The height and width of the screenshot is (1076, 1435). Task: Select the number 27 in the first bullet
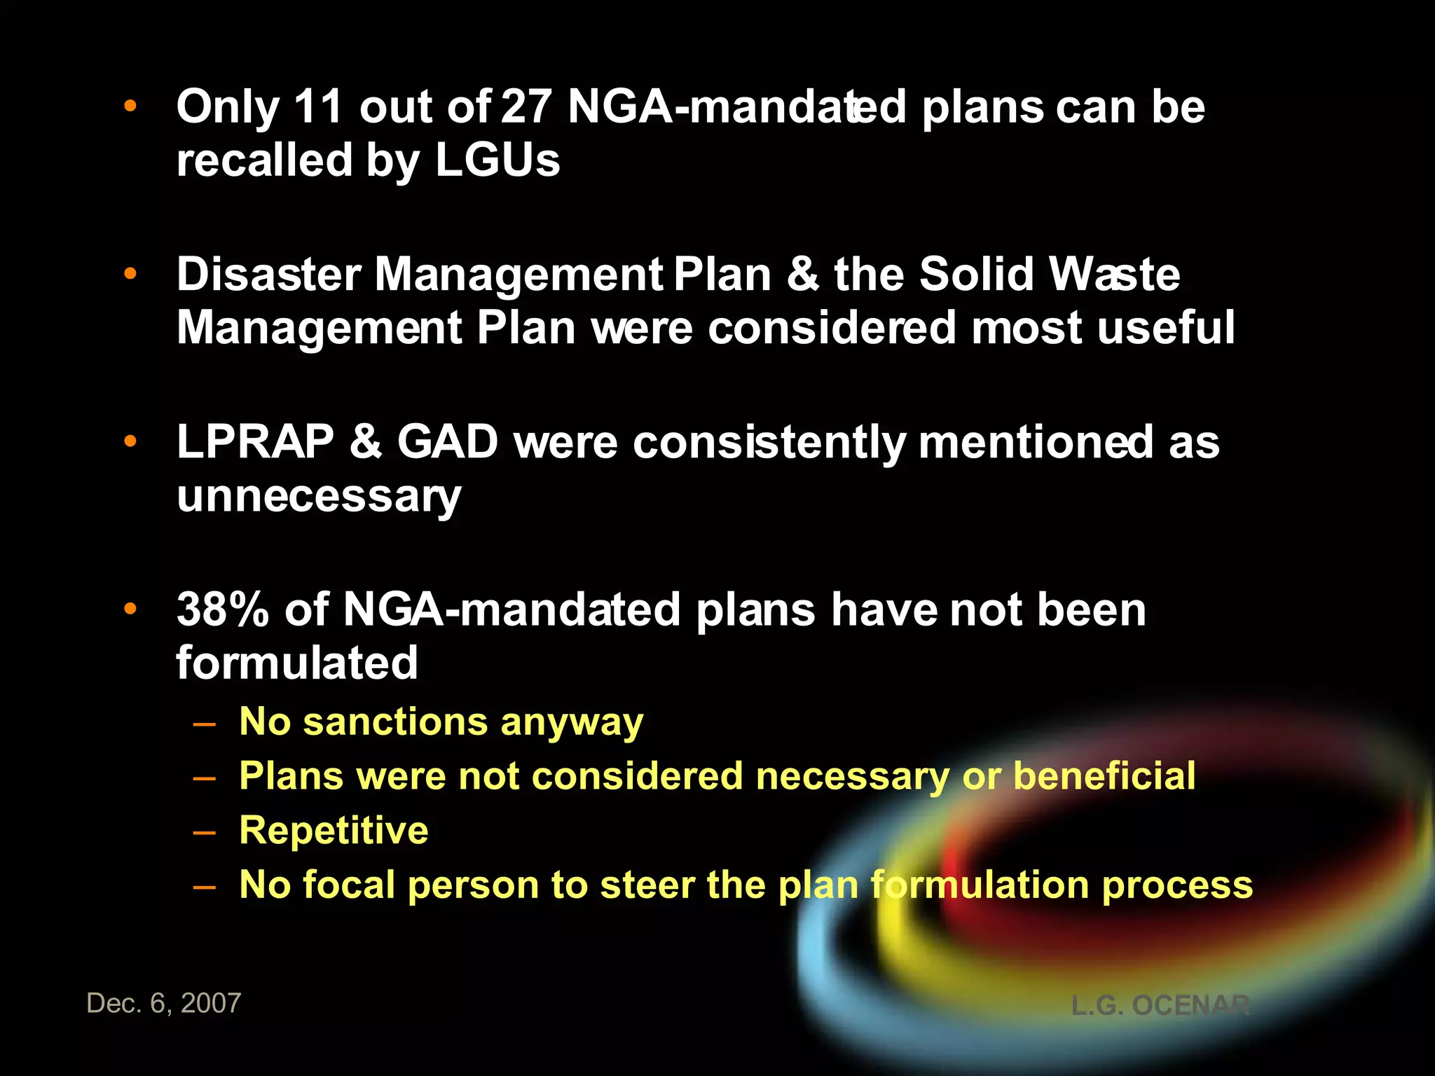click(x=526, y=107)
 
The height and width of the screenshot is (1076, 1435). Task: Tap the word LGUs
click(x=497, y=160)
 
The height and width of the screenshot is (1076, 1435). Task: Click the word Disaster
click(x=268, y=274)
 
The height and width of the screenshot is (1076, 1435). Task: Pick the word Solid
click(x=976, y=274)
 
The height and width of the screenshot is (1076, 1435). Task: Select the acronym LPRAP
click(x=255, y=442)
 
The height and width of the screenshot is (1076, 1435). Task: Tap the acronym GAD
click(x=448, y=442)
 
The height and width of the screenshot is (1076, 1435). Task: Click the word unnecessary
click(x=319, y=496)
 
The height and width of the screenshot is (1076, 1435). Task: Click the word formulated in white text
click(x=297, y=663)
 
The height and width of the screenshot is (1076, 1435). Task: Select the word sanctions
click(x=394, y=722)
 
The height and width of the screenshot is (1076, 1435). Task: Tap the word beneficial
click(x=1104, y=776)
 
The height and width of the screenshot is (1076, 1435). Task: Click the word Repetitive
click(x=334, y=831)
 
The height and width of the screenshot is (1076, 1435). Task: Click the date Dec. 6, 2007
click(x=164, y=1003)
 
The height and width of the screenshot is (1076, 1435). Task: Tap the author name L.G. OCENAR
click(x=1160, y=1006)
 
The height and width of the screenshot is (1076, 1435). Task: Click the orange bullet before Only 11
click(x=130, y=106)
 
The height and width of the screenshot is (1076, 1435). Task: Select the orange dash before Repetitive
click(x=205, y=832)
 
